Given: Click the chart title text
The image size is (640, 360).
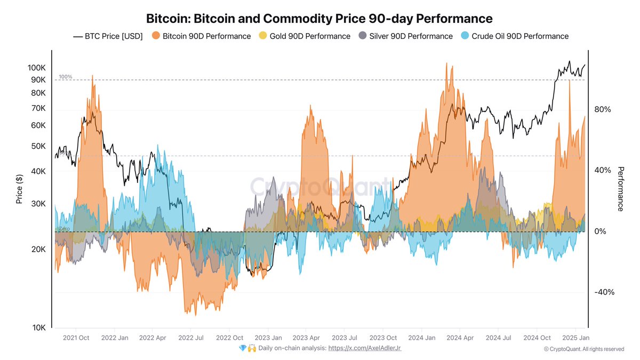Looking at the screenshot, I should [319, 19].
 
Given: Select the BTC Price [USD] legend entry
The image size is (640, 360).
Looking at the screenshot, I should [108, 36].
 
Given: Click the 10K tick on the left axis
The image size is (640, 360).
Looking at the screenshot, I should [38, 327].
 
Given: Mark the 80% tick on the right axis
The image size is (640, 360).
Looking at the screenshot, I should [602, 110].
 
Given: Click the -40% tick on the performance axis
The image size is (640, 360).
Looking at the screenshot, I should [604, 292].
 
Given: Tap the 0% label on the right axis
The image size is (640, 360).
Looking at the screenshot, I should [600, 231].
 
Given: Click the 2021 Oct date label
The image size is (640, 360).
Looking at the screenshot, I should [76, 338].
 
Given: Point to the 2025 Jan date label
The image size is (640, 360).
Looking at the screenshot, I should [576, 338].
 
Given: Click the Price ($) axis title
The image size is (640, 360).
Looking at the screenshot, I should [19, 189].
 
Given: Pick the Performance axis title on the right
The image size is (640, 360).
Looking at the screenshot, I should [620, 189].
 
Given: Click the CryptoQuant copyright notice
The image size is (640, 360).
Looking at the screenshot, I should [583, 349].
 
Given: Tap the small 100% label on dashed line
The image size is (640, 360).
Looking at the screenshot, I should [65, 77].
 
